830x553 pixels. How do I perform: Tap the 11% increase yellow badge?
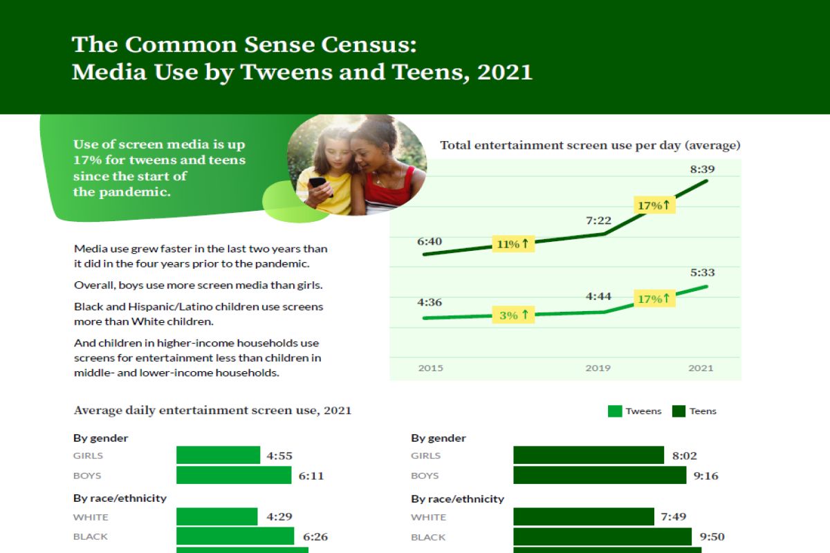513,243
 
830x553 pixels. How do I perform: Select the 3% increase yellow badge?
513,315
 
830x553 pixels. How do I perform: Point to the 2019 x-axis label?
598,368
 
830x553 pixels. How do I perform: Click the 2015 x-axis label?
431,368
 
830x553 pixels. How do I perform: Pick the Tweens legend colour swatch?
614,411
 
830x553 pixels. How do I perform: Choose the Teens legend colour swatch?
679,411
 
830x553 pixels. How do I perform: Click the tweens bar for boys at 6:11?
234,476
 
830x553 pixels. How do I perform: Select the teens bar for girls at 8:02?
589,456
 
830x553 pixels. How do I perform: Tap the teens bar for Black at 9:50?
602,536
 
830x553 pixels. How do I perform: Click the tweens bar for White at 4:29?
217,517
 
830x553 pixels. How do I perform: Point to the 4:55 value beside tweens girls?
280,456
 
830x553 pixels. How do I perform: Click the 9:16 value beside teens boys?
705,476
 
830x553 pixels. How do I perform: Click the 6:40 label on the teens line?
430,242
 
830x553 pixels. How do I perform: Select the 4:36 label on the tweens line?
430,302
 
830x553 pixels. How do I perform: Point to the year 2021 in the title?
505,72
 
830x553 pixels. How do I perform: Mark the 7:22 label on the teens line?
598,220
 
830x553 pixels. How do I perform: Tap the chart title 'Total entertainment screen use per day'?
590,145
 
